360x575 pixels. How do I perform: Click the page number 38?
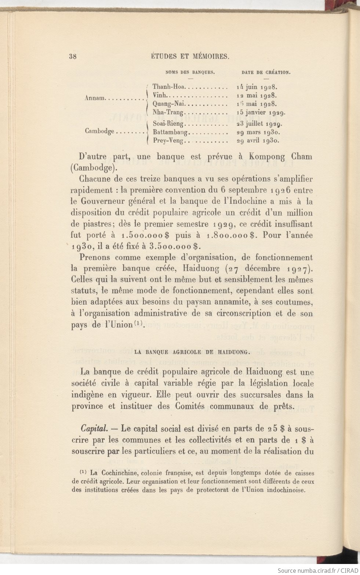(72, 56)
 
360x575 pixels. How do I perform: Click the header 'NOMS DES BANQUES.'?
(190, 72)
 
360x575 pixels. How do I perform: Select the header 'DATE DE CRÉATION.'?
(266, 72)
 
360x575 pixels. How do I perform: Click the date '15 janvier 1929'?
(261, 112)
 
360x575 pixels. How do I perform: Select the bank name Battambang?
(171, 132)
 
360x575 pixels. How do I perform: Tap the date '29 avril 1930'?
(259, 140)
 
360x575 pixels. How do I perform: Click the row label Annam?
(95, 98)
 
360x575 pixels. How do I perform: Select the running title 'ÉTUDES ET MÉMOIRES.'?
(190, 56)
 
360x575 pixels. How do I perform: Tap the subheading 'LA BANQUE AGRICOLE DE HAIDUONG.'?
(192, 352)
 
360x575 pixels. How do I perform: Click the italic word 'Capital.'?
(94, 428)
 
